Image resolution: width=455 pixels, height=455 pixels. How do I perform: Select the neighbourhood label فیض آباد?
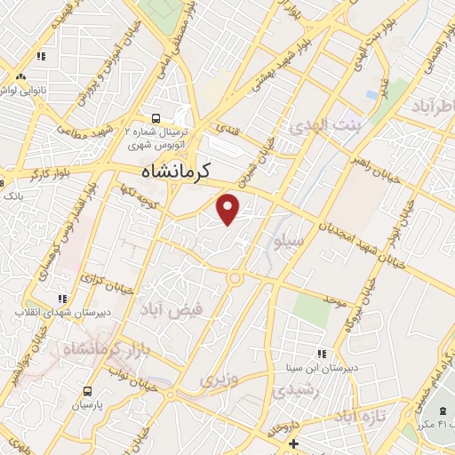pyautogui.click(x=172, y=309)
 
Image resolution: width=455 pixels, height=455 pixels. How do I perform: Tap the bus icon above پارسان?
pyautogui.click(x=87, y=391)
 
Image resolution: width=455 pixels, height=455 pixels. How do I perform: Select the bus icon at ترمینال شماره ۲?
pyautogui.click(x=156, y=118)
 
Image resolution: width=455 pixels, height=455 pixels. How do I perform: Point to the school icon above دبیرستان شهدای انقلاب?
pyautogui.click(x=61, y=299)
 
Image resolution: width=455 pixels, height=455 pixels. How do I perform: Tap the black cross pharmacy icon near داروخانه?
pyautogui.click(x=293, y=443)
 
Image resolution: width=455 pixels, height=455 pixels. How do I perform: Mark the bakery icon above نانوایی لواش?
pyautogui.click(x=41, y=57)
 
